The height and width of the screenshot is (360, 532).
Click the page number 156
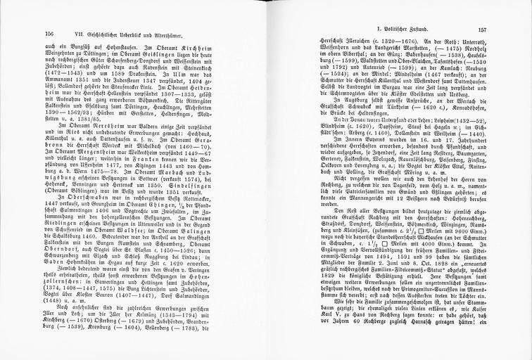(x=49, y=33)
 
